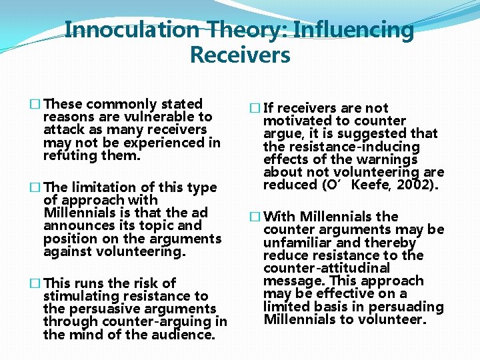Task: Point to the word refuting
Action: coord(70,155)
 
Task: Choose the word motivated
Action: coord(297,121)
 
